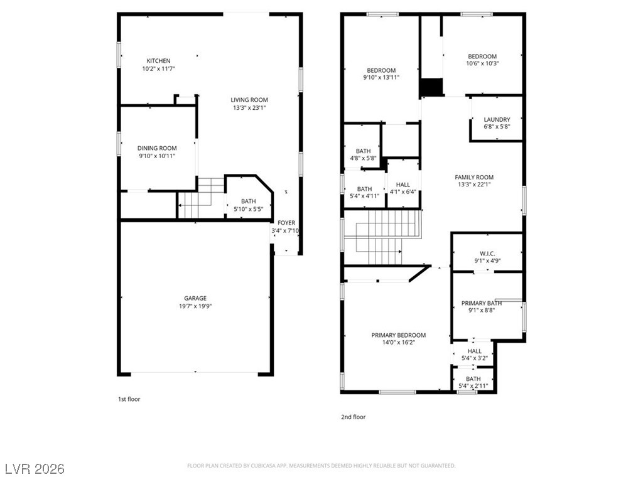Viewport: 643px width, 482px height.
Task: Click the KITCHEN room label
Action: click(158, 61)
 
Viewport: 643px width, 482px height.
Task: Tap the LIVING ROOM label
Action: click(249, 100)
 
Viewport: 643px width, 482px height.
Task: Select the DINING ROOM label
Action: click(157, 148)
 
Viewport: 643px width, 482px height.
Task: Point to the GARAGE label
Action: click(195, 298)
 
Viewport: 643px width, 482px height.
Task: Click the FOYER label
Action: click(286, 223)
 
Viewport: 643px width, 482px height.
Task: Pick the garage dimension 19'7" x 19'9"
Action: click(195, 306)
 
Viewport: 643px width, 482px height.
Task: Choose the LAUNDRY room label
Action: click(497, 119)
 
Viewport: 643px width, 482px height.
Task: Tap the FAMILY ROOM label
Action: click(474, 177)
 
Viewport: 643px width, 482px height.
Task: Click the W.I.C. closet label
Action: click(487, 254)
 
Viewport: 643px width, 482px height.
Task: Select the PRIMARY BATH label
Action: click(482, 303)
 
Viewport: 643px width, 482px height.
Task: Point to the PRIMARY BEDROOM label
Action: click(399, 335)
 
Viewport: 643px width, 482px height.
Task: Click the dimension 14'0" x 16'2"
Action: click(399, 342)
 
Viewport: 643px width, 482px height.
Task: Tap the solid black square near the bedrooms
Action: click(431, 87)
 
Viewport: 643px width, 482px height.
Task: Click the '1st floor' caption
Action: click(129, 399)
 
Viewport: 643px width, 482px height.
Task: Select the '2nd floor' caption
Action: click(353, 417)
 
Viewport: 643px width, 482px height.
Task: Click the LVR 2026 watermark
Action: click(35, 468)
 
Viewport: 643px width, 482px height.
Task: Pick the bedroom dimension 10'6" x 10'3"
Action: click(482, 63)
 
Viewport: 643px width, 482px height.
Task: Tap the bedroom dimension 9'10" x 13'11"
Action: click(381, 77)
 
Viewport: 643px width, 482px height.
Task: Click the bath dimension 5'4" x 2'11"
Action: click(473, 386)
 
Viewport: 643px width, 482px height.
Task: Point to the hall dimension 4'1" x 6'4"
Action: click(403, 192)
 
